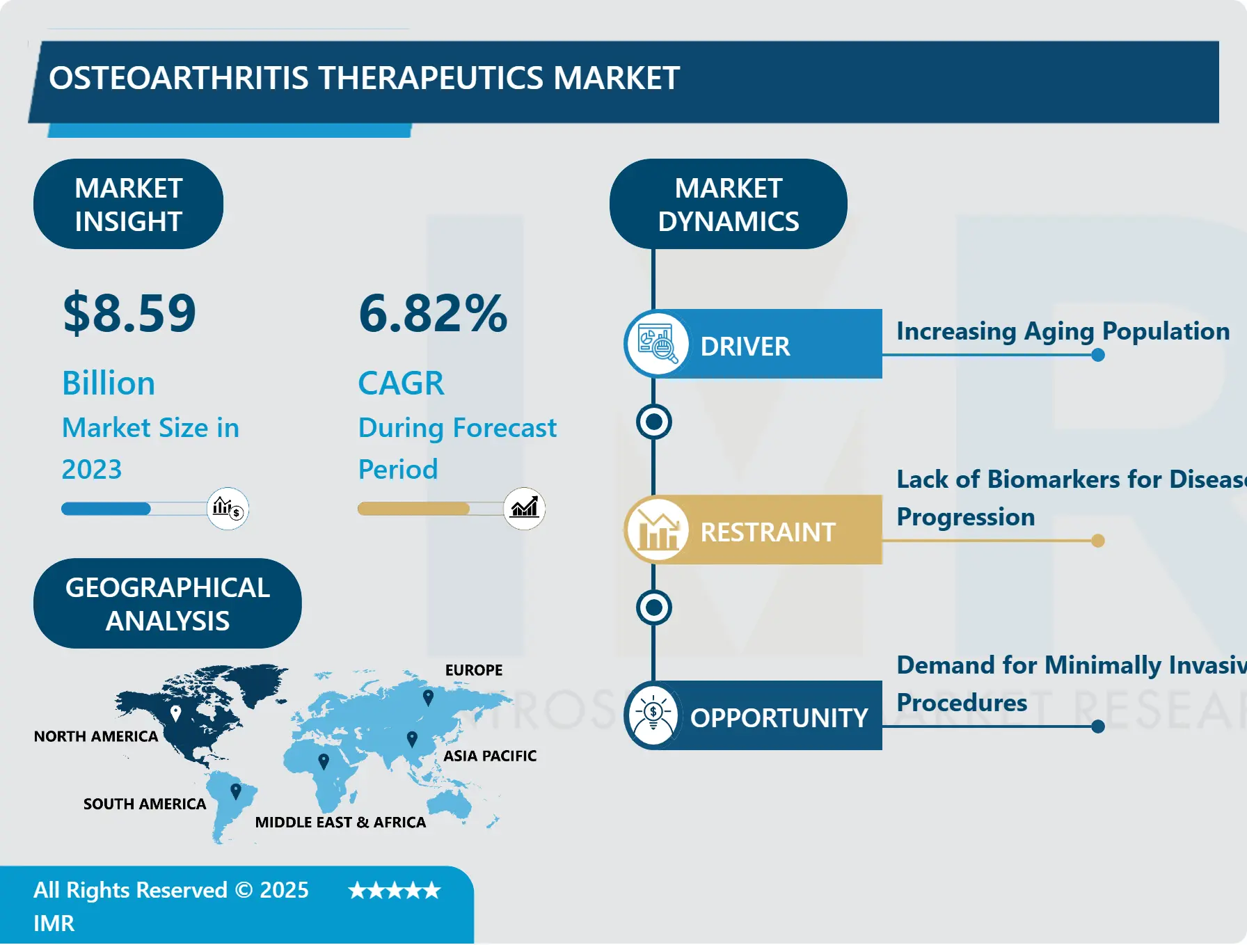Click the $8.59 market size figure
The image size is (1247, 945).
click(129, 313)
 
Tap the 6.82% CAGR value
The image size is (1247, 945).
click(433, 313)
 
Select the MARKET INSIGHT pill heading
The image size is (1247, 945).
click(128, 205)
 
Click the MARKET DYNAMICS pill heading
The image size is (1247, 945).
click(728, 205)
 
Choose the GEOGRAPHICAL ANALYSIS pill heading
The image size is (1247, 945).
click(167, 604)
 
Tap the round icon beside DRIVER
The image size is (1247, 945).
click(657, 344)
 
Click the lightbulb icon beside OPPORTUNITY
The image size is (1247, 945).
click(653, 715)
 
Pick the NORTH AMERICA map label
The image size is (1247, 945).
click(96, 736)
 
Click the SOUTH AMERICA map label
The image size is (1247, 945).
click(145, 804)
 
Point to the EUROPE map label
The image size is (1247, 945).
click(474, 670)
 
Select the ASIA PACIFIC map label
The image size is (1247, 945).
click(490, 756)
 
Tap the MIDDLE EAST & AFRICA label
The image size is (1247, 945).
click(340, 823)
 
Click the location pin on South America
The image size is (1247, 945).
click(236, 791)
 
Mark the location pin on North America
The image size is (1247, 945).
click(176, 713)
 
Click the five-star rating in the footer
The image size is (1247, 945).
click(395, 891)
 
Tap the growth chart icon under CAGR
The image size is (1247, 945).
click(525, 508)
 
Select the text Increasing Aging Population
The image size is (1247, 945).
click(1063, 331)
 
